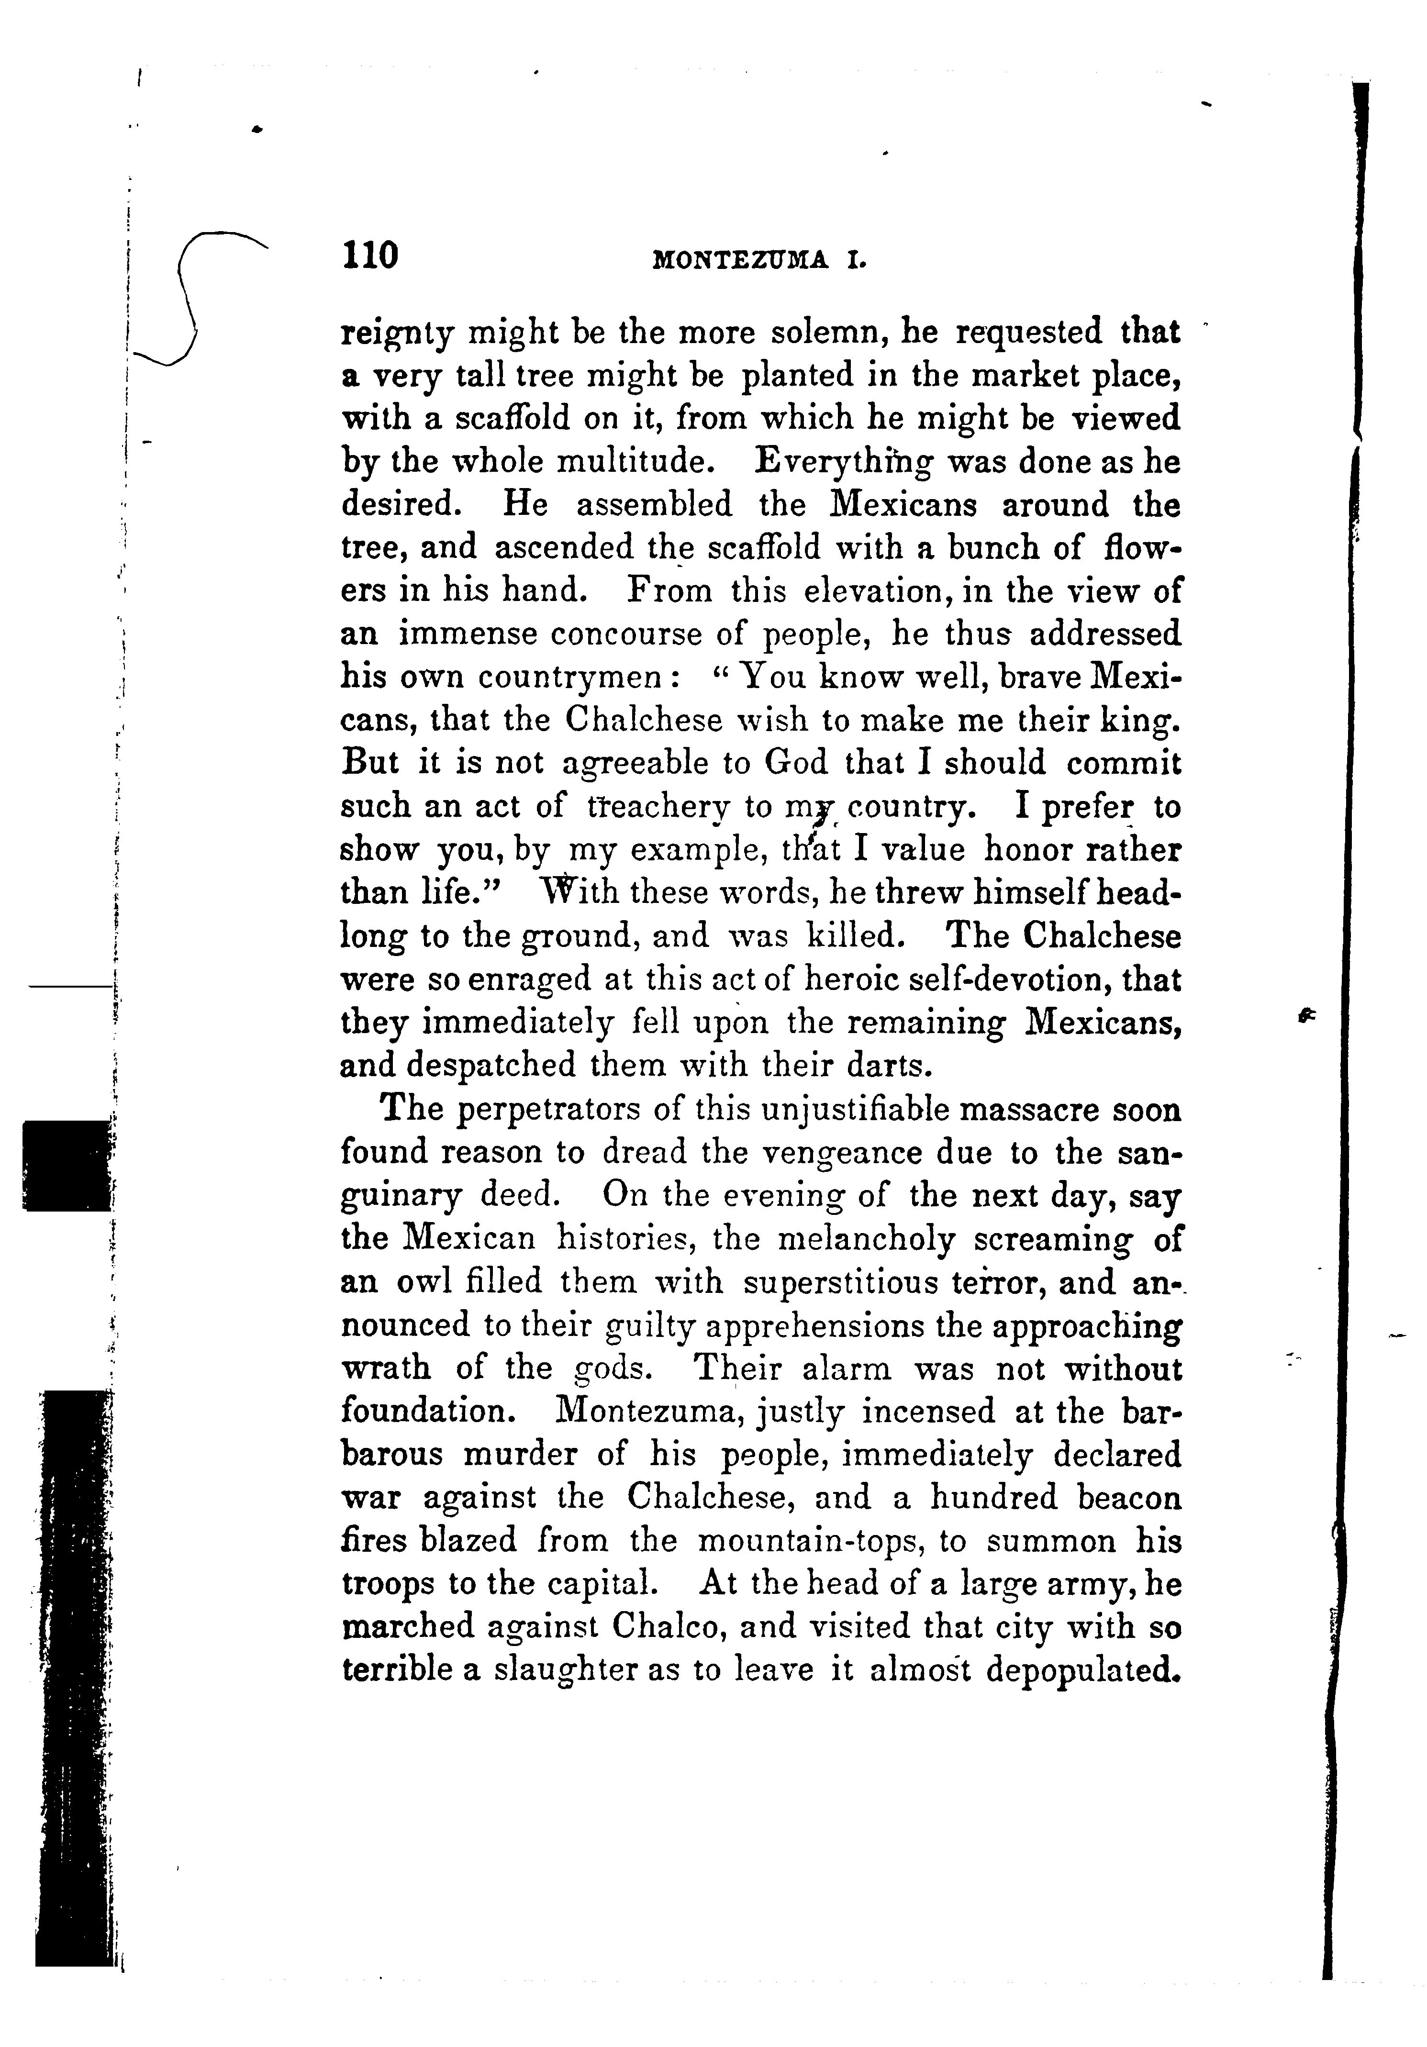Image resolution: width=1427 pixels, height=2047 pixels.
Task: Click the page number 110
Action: [x=368, y=256]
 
